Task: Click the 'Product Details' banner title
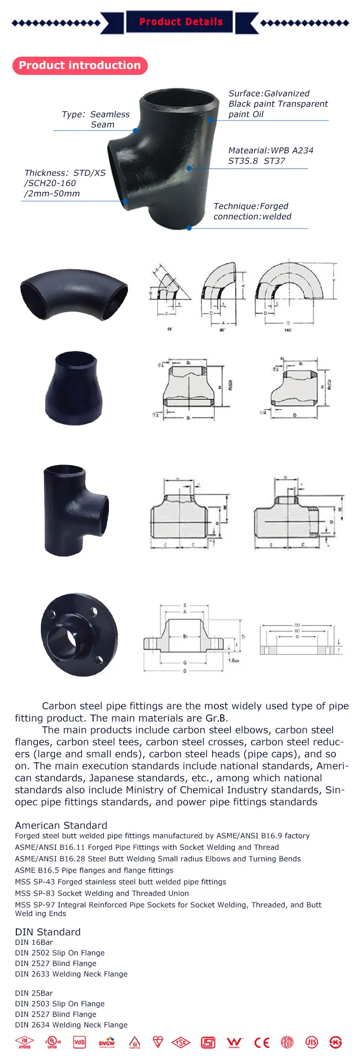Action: tap(180, 22)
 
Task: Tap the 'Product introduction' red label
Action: tap(80, 65)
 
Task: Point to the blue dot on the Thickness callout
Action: tap(125, 202)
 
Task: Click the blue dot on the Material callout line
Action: tap(189, 168)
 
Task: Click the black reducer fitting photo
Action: tap(73, 388)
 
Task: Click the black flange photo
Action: tap(79, 635)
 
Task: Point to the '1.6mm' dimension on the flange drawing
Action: tap(234, 660)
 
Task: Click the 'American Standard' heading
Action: tap(61, 825)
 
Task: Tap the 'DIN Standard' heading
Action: tap(48, 932)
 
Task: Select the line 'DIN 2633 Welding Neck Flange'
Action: tap(71, 974)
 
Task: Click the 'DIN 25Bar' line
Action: tap(34, 993)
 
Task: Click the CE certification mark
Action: tap(262, 1042)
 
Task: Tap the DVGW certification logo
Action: tap(107, 1042)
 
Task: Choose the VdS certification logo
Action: tap(79, 1042)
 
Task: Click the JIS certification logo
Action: tap(312, 1042)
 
